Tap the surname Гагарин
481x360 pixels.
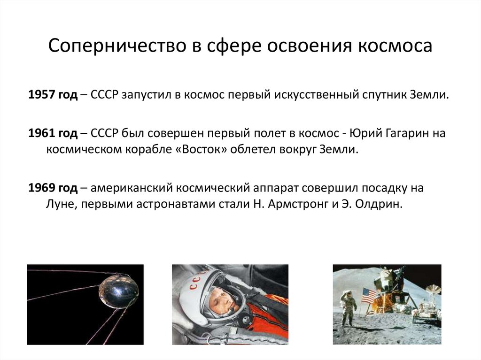(x=400, y=133)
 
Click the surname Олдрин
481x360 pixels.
(x=380, y=205)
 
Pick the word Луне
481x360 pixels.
(x=60, y=205)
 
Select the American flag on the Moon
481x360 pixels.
(x=369, y=296)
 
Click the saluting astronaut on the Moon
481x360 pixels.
(x=348, y=307)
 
